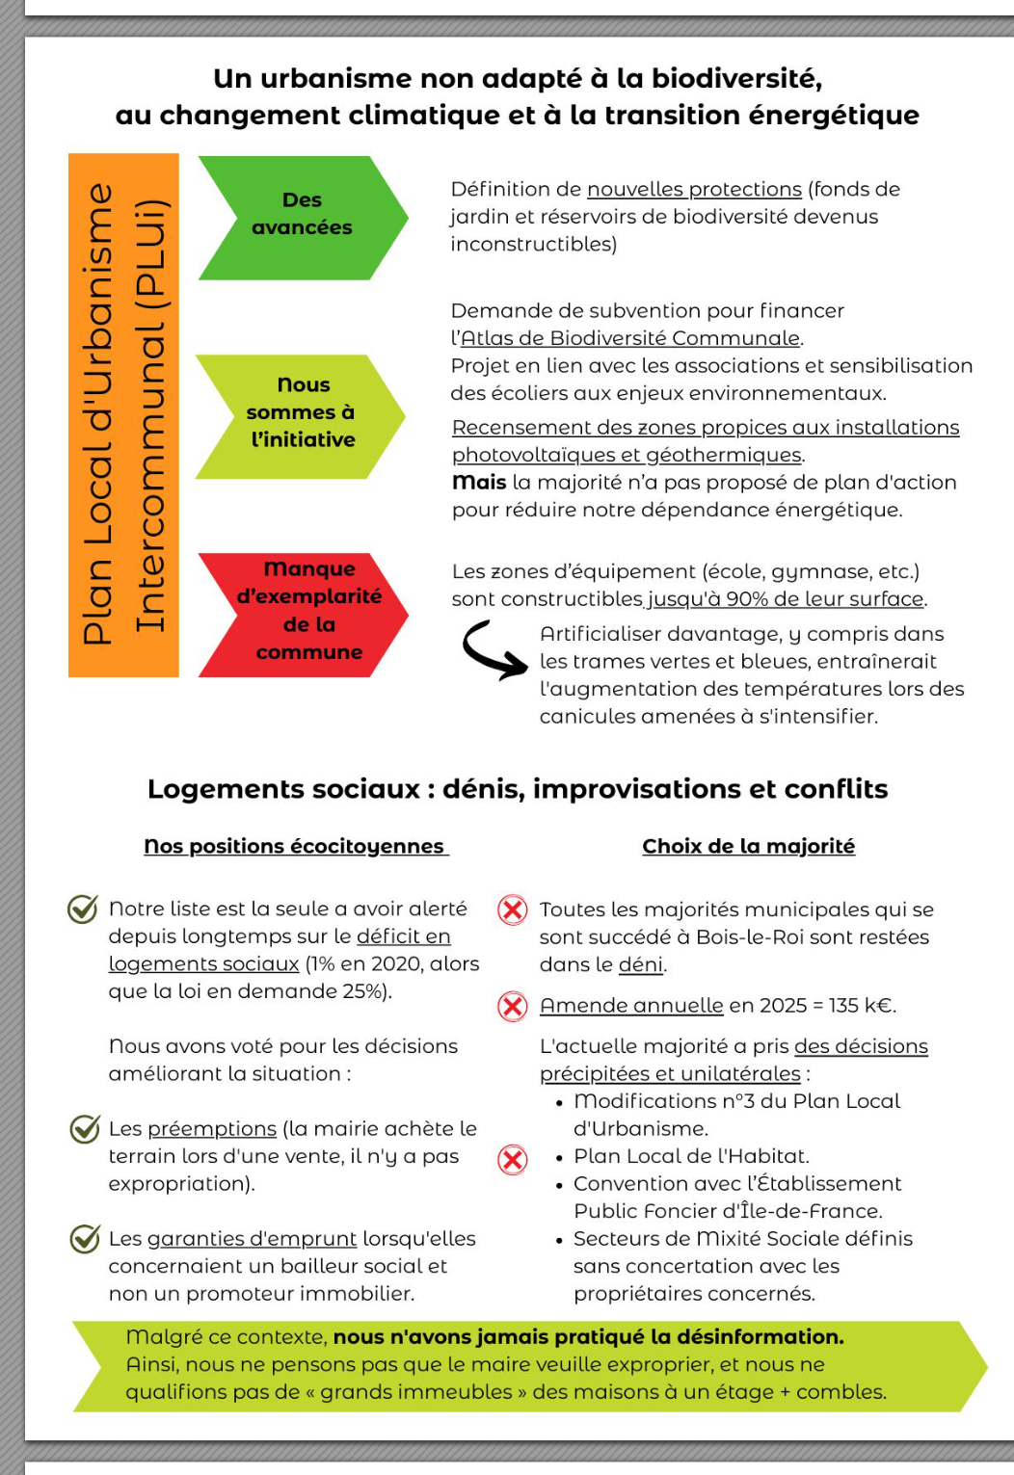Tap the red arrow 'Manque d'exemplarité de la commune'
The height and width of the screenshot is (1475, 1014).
(x=303, y=614)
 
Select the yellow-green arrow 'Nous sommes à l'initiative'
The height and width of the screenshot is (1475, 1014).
(x=300, y=415)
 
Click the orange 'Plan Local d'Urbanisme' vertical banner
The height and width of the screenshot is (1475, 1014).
(x=123, y=414)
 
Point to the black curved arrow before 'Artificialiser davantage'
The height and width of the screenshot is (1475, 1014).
(x=494, y=650)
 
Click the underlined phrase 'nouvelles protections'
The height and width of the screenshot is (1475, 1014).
(x=694, y=190)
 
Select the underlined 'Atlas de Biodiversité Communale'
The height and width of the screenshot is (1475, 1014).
(x=630, y=338)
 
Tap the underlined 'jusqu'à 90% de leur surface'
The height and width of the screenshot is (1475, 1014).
(x=786, y=599)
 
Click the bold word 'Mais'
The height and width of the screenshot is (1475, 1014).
(x=479, y=483)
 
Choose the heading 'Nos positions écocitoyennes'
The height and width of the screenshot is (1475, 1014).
(x=296, y=847)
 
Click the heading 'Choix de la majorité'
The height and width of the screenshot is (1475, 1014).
(x=748, y=847)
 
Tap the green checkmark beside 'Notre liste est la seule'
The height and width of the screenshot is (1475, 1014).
(x=83, y=909)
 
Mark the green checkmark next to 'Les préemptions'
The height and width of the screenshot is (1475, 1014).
(x=85, y=1128)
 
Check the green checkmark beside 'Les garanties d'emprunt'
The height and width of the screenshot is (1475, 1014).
(x=85, y=1238)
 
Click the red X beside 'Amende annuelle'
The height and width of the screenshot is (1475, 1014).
(x=513, y=1007)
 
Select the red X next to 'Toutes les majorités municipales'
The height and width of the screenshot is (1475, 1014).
(x=513, y=909)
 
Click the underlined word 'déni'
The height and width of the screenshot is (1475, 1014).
(x=641, y=964)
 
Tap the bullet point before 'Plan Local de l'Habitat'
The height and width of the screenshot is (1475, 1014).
(x=560, y=1157)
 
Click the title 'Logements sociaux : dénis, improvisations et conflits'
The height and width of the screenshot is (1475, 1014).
(x=518, y=789)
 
